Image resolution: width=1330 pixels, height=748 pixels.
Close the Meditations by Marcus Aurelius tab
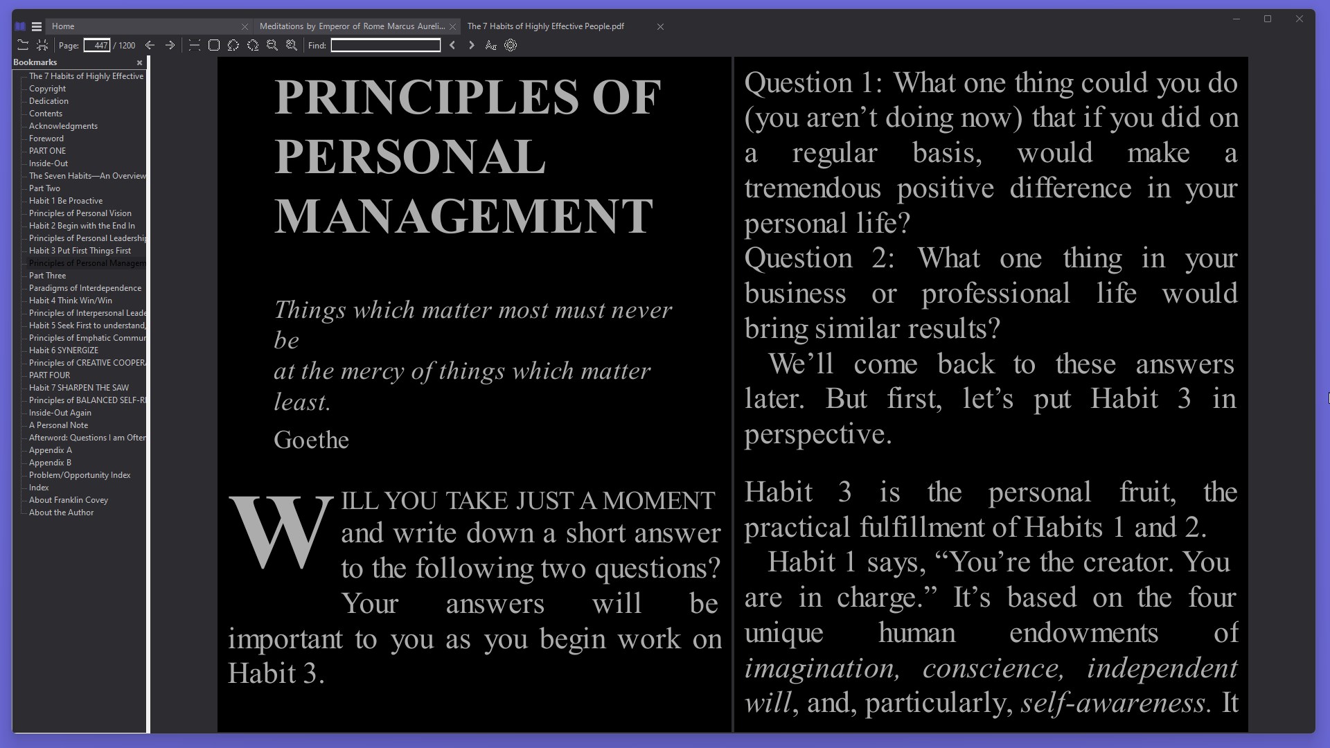coord(453,27)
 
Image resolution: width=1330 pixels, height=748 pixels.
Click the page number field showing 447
coord(97,46)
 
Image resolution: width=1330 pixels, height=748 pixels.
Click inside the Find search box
coord(385,46)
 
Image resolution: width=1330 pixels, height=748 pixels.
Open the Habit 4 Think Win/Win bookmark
coord(71,301)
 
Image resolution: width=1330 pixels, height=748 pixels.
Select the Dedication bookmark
coord(48,101)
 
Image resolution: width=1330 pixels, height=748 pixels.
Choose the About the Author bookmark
coord(61,513)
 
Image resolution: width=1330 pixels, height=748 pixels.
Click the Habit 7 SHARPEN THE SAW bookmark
coord(79,388)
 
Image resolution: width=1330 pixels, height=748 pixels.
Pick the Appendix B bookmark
coord(50,463)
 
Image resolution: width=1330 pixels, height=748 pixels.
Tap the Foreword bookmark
coord(46,139)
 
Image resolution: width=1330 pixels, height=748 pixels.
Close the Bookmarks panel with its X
coord(139,63)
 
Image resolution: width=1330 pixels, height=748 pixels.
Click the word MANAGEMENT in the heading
coord(463,216)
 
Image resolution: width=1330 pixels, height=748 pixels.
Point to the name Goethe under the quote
coord(311,440)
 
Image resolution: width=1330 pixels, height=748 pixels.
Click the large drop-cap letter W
coord(281,531)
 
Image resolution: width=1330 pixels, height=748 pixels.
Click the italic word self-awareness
coord(1113,703)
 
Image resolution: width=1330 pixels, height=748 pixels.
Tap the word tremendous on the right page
coord(813,188)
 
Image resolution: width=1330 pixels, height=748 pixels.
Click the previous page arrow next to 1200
coord(150,46)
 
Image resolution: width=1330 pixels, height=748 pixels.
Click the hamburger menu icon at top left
coord(37,27)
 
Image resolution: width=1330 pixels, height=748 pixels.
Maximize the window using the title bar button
coord(1268,19)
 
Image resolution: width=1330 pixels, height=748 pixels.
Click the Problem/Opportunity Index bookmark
coord(80,475)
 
